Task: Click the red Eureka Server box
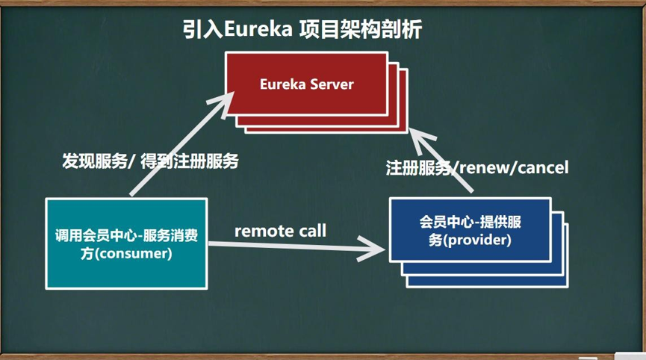click(306, 84)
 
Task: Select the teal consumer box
click(125, 243)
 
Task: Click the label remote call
click(280, 231)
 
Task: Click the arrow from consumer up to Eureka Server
click(179, 142)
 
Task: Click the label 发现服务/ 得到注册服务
click(150, 161)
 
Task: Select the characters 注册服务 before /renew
click(418, 167)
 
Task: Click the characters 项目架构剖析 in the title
click(360, 30)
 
